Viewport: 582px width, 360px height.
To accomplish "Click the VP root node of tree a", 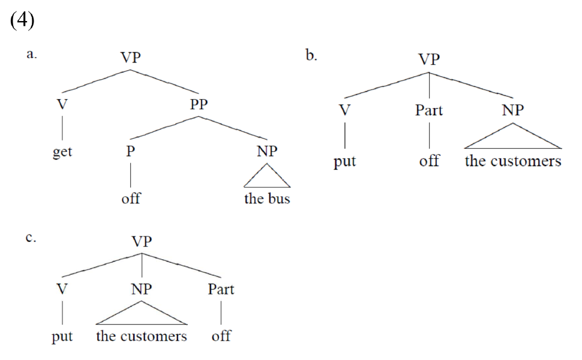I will point(131,58).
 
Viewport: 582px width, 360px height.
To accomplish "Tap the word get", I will point(62,152).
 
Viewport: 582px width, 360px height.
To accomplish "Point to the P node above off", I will point(131,152).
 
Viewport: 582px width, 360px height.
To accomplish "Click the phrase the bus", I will point(267,199).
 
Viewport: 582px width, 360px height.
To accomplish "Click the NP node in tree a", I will point(267,152).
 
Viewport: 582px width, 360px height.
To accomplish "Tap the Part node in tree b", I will point(429,110).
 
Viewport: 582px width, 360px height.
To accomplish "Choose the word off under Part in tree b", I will point(429,161).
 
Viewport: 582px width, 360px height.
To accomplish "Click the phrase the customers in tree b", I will point(513,161).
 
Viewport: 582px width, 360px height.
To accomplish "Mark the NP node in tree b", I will point(513,110).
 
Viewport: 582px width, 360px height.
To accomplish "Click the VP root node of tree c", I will point(142,241).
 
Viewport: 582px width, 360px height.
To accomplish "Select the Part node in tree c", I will point(221,290).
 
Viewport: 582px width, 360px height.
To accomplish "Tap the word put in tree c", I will point(62,337).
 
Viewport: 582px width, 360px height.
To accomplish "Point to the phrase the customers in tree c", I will point(142,336).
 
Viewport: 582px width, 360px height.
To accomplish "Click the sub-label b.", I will point(311,56).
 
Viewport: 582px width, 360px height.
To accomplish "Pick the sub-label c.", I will point(31,238).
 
